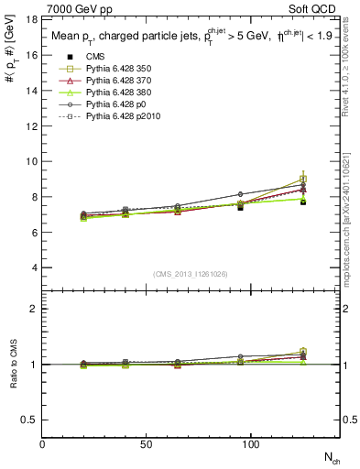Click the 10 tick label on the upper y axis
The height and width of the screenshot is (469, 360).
[31, 161]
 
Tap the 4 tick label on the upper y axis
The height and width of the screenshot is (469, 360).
[34, 267]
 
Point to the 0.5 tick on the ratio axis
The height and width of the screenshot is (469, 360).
[29, 420]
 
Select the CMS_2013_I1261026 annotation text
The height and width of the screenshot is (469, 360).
[191, 274]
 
